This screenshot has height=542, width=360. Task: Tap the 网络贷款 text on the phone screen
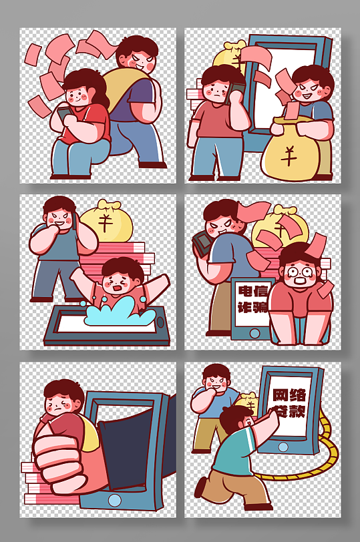pos(289,402)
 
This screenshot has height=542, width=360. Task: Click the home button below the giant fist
pos(115,499)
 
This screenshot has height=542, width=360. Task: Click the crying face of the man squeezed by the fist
pos(63,404)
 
